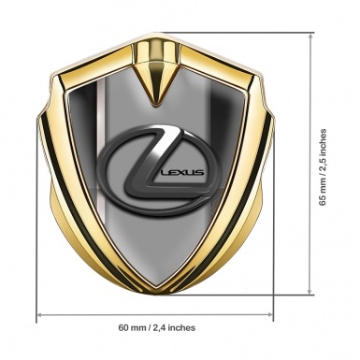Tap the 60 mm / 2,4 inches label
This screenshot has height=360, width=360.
pos(157,327)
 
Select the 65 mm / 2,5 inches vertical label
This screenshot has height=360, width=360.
pos(323,167)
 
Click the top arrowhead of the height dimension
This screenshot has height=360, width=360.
pos(310,36)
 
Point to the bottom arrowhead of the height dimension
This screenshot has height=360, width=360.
pos(310,291)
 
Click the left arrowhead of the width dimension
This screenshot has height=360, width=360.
pos(39,315)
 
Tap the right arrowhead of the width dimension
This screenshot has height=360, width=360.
pos(270,315)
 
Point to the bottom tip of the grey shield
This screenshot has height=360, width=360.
pos(155,291)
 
